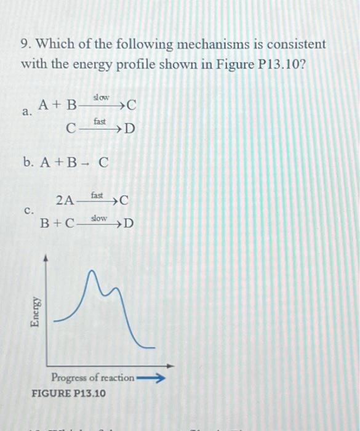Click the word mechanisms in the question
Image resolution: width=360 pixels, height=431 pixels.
[x=201, y=44]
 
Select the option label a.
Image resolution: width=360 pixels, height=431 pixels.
[x=26, y=111]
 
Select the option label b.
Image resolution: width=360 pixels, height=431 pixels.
[x=28, y=162]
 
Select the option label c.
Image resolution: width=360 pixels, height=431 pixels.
[x=28, y=210]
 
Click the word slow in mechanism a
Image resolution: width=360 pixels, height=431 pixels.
[x=100, y=97]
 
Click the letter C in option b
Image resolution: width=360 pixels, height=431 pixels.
[x=103, y=163]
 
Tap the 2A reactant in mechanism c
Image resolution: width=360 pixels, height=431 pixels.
[x=65, y=199]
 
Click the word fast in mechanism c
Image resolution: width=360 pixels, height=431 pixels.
[x=98, y=195]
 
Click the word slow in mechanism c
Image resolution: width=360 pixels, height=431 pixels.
[x=98, y=219]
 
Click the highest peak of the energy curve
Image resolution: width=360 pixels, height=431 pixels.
[x=94, y=272]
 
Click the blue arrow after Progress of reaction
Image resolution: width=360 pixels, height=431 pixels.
[x=151, y=377]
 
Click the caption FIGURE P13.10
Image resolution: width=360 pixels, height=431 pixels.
[x=68, y=393]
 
